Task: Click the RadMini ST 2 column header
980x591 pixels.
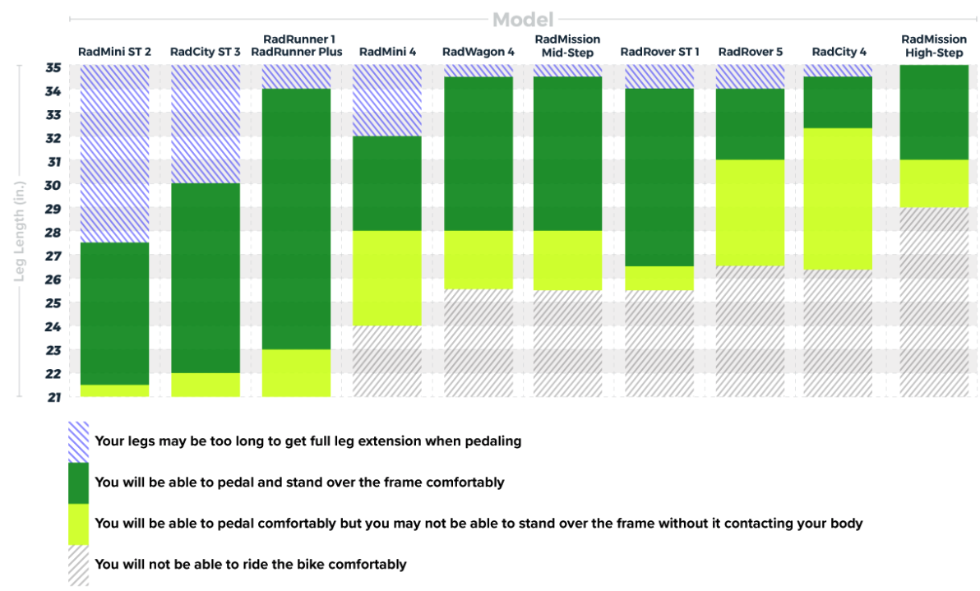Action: click(114, 52)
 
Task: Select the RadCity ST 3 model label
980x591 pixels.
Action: click(206, 52)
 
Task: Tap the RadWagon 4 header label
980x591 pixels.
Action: click(478, 52)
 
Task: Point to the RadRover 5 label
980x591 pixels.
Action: click(750, 52)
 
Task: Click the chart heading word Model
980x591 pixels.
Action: click(522, 19)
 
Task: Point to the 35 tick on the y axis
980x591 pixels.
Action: click(53, 67)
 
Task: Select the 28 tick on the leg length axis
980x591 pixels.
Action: click(53, 233)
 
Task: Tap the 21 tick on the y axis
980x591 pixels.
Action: click(53, 397)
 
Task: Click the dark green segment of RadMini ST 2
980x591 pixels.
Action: click(114, 313)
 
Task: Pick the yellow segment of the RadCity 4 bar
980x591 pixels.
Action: click(839, 198)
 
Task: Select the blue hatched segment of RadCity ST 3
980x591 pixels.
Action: click(206, 124)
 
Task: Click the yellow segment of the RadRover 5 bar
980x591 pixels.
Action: click(750, 212)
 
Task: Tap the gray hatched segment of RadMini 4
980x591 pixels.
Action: click(386, 361)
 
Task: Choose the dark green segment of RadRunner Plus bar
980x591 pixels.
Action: click(296, 219)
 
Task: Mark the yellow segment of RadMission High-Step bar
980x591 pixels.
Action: click(934, 183)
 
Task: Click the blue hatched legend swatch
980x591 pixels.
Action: click(78, 442)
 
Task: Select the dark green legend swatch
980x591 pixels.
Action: click(78, 483)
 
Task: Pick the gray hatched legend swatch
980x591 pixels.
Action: click(78, 566)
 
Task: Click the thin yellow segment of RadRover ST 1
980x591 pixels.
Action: click(659, 278)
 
